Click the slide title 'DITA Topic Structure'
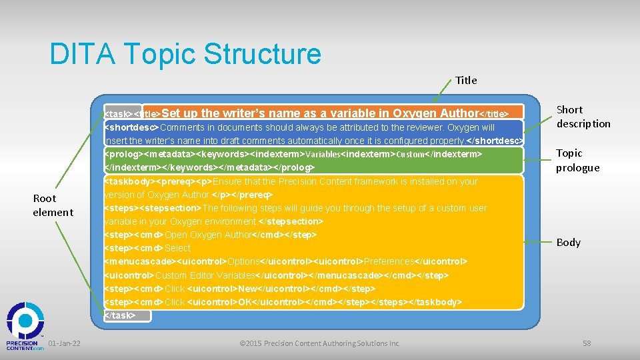pyautogui.click(x=185, y=54)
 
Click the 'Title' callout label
pyautogui.click(x=466, y=80)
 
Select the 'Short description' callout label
pyautogui.click(x=583, y=117)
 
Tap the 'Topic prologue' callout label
pyautogui.click(x=578, y=160)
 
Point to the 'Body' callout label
pyautogui.click(x=568, y=242)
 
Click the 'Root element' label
pyautogui.click(x=53, y=205)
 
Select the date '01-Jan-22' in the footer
pyautogui.click(x=65, y=343)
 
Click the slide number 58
pyautogui.click(x=587, y=343)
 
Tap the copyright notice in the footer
pyautogui.click(x=319, y=343)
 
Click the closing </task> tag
pyautogui.click(x=121, y=315)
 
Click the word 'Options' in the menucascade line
pyautogui.click(x=243, y=261)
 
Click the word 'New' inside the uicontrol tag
pyautogui.click(x=247, y=289)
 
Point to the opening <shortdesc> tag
pyautogui.click(x=132, y=127)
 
